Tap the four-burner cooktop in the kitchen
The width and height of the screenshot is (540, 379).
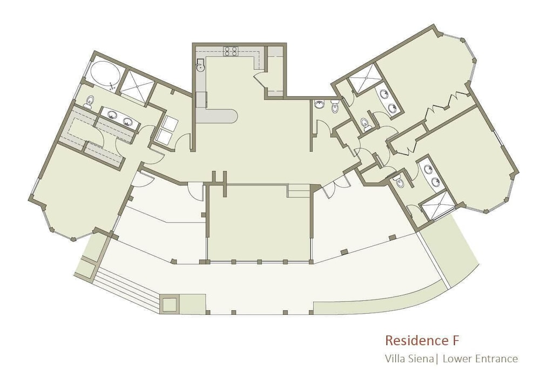tap(231, 51)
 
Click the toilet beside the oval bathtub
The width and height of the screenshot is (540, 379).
tap(90, 101)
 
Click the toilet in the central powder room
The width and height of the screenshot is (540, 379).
tap(335, 106)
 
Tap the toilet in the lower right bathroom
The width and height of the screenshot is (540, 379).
tap(399, 181)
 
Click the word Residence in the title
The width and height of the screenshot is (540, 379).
tap(414, 341)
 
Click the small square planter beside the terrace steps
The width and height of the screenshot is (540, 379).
tap(169, 304)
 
